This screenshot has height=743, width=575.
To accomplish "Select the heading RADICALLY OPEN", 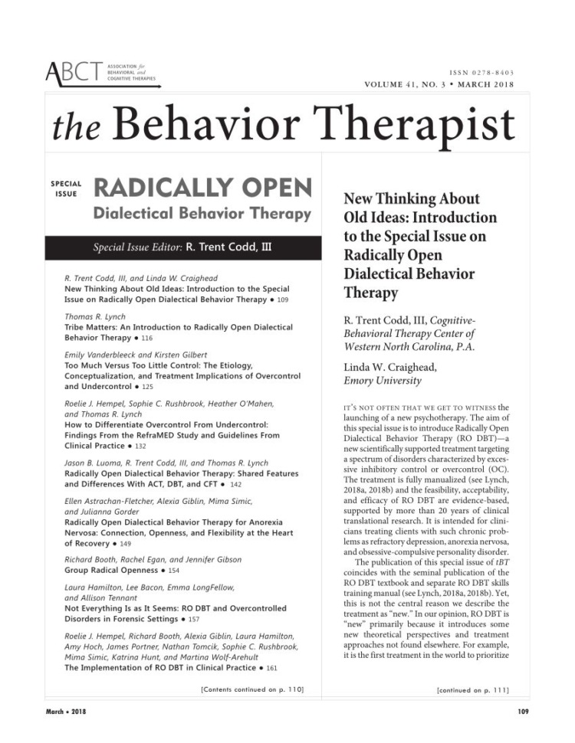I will point(202,188).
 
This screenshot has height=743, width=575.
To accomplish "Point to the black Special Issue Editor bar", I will point(182,247).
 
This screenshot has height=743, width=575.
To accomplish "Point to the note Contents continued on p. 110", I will point(251,690).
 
